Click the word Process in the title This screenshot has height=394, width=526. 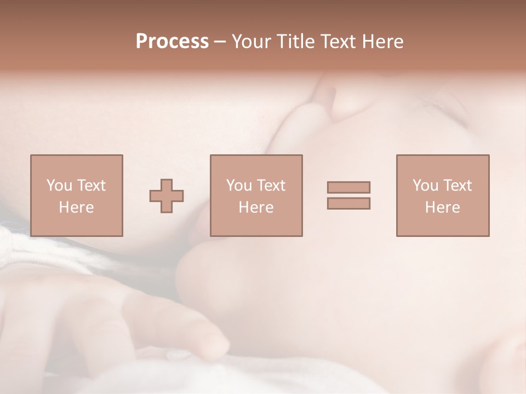(172, 42)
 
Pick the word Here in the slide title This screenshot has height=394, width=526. (384, 42)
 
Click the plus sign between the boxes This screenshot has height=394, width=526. (167, 196)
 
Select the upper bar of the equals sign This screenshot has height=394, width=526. (348, 187)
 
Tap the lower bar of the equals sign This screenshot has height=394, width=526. (348, 204)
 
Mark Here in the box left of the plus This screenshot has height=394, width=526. (76, 207)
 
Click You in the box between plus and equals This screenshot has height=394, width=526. (239, 186)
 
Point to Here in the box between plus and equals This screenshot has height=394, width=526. (256, 207)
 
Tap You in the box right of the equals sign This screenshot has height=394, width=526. (425, 186)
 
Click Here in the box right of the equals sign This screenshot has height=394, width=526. (442, 207)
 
